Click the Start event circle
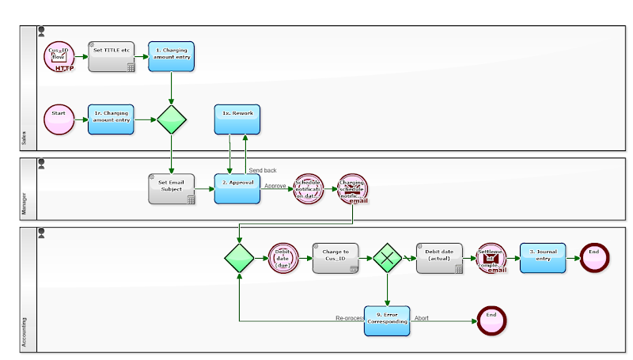(59, 119)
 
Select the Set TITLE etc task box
(111, 57)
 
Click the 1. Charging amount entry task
(171, 57)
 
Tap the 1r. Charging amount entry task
(111, 119)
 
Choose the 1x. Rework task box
(237, 119)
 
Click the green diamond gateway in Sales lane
(171, 119)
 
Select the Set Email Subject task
(171, 189)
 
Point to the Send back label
(263, 170)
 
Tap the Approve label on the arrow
(275, 186)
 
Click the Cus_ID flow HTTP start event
(59, 57)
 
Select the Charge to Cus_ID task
(335, 258)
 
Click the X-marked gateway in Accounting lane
(388, 258)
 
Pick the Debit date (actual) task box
(439, 258)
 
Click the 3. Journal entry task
(543, 258)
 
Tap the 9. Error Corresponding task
(388, 320)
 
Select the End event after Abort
(491, 320)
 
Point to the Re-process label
(349, 318)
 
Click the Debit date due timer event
(283, 258)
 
